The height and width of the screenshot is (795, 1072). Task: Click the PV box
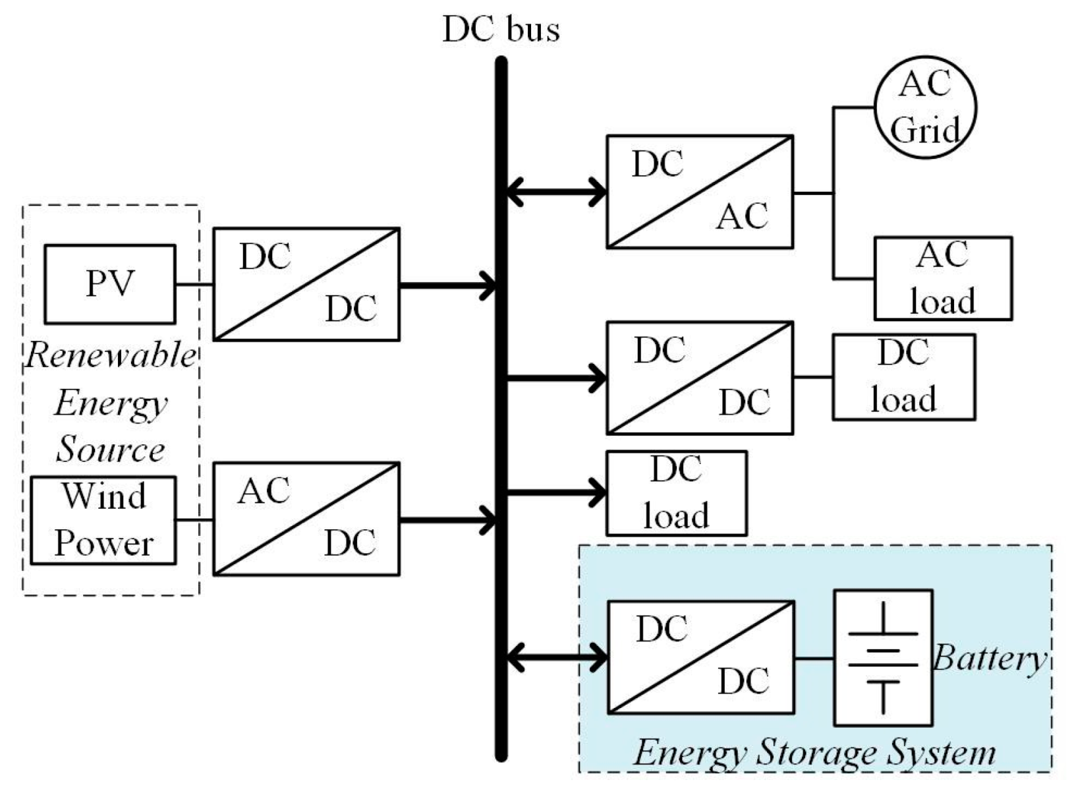point(110,284)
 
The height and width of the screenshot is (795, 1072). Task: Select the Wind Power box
point(103,520)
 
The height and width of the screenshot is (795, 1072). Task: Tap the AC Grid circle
point(925,107)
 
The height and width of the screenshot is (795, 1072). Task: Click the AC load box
point(943,278)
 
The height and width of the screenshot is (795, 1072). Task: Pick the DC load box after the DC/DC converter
point(903,377)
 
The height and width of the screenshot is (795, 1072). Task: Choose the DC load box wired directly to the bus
point(677,493)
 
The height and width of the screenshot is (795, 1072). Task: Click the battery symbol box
point(883,657)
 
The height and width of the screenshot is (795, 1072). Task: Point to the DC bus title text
point(501,29)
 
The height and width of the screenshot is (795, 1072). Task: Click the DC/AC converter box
point(700,192)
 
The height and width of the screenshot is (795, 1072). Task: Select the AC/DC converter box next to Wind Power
point(306,519)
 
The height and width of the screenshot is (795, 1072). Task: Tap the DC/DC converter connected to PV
point(306,284)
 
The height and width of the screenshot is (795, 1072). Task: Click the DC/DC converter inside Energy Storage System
point(700,657)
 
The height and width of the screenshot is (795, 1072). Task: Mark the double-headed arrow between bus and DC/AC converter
point(556,192)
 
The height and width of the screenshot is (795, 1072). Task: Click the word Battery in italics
point(989,658)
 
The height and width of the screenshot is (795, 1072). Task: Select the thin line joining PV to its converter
point(194,285)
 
